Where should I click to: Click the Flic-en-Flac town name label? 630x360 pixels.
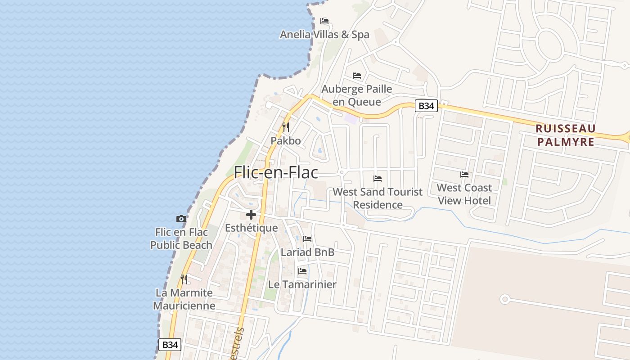click(x=276, y=172)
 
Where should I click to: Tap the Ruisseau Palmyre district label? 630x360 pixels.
click(x=565, y=135)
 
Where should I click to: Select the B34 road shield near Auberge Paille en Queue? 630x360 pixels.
click(x=426, y=106)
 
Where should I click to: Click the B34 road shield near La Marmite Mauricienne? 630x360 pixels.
click(x=170, y=345)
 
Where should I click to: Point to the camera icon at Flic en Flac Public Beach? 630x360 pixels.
click(x=181, y=219)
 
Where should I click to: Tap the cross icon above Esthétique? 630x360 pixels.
click(x=251, y=215)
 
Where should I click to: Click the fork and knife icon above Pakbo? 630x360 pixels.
click(x=285, y=127)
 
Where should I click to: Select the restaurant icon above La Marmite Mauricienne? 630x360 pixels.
click(x=184, y=279)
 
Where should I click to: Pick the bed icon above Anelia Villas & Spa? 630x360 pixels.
click(x=324, y=21)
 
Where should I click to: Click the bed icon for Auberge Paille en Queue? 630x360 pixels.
click(x=357, y=75)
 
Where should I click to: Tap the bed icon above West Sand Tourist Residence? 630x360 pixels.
click(x=378, y=179)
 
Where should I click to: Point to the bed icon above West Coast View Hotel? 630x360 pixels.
click(x=464, y=175)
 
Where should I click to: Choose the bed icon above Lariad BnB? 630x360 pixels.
click(x=307, y=238)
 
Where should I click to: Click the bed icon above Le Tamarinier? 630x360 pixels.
click(x=302, y=271)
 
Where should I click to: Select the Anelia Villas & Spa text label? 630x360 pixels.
click(x=324, y=35)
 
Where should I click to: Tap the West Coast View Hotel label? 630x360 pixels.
click(x=464, y=194)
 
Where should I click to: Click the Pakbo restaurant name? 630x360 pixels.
click(x=285, y=141)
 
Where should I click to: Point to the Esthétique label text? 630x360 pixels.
click(x=251, y=228)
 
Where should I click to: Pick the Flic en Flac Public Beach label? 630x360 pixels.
click(x=181, y=238)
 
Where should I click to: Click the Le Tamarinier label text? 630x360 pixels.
click(x=302, y=285)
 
